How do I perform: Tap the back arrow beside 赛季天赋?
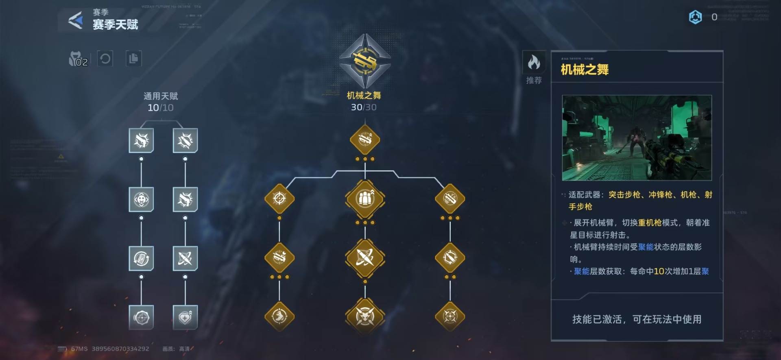point(76,20)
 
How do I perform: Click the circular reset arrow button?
point(105,59)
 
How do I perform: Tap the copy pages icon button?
point(133,59)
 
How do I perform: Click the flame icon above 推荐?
point(534,63)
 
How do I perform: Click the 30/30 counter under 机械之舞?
point(364,107)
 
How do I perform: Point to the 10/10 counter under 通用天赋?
point(160,108)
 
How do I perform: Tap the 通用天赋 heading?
point(161,96)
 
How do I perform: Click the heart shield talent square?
point(185,317)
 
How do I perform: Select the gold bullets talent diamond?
point(365,199)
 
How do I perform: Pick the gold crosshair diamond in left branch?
point(279,199)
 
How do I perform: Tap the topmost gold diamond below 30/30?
point(365,140)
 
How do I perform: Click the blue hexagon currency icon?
point(695,17)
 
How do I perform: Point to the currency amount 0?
point(714,17)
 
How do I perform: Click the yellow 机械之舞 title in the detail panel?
point(585,70)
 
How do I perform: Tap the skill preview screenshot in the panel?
point(637,138)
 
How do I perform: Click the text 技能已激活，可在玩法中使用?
point(637,319)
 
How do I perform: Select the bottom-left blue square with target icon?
point(141,317)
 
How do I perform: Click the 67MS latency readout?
point(79,349)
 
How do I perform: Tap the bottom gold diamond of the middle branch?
point(365,316)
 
